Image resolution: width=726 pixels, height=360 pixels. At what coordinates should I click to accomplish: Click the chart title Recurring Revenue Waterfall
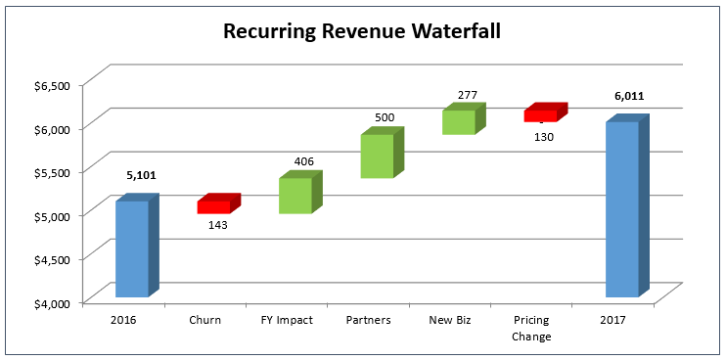(x=362, y=31)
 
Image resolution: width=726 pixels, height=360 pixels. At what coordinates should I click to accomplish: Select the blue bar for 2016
(x=132, y=248)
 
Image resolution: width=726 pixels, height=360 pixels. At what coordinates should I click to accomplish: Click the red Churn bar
(x=214, y=206)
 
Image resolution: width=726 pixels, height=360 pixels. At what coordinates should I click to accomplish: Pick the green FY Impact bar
(x=295, y=195)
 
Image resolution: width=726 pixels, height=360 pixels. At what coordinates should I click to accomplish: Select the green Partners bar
(x=377, y=156)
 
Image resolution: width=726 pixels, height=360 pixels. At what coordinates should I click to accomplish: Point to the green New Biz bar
(x=458, y=121)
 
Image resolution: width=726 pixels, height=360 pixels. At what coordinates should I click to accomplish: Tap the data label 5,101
(x=141, y=175)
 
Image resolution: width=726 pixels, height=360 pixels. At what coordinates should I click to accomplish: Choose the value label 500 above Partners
(x=385, y=117)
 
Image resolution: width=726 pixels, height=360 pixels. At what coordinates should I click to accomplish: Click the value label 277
(x=467, y=95)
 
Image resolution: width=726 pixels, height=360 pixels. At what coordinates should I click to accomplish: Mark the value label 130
(x=544, y=136)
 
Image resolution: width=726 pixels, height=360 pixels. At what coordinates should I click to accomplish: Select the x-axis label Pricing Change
(x=531, y=328)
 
